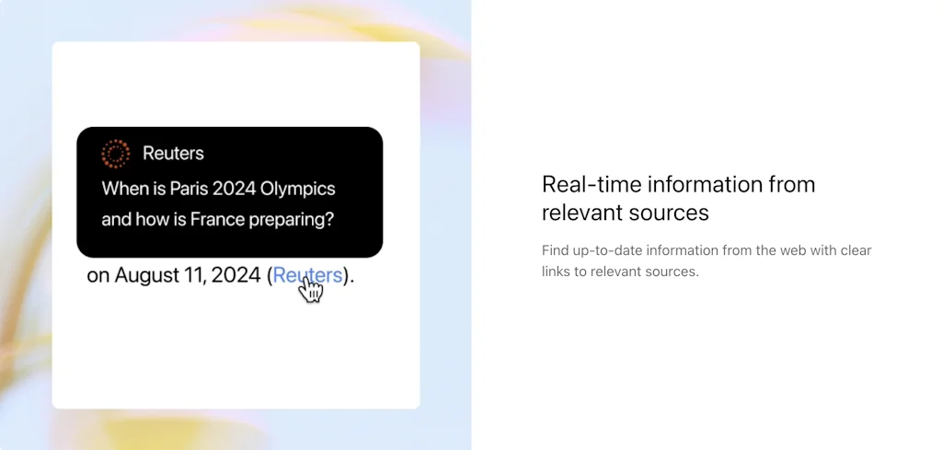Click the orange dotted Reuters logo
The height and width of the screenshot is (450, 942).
coord(115,154)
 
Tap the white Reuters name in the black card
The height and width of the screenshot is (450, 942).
coord(173,154)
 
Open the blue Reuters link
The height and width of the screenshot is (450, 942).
coord(307,274)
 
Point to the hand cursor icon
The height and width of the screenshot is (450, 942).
coord(312,290)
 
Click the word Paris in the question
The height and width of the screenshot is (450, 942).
coord(189,189)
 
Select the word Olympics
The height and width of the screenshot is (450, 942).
coord(298,189)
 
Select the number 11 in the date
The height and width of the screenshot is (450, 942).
coord(199,275)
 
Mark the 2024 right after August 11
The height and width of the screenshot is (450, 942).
coord(237,275)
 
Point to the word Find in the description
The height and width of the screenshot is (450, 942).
coord(555,250)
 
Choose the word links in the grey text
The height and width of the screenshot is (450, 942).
coord(557,271)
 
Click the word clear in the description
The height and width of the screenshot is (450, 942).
coord(855,250)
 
